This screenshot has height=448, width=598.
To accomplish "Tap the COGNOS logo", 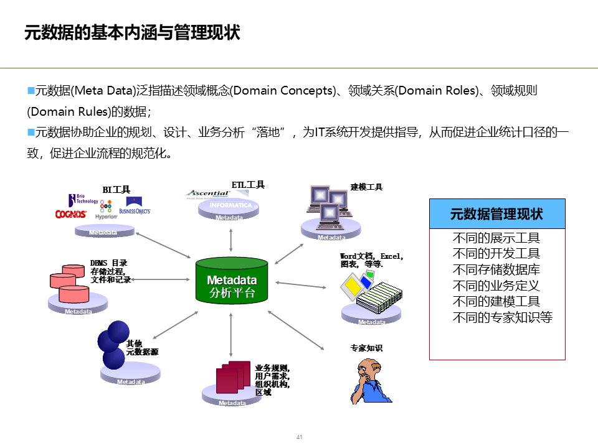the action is point(70,214).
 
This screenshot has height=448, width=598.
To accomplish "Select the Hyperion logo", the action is point(106,212).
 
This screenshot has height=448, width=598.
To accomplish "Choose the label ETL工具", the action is point(248,185).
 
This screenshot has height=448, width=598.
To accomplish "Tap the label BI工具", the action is point(116,189).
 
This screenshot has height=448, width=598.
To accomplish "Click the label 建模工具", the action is point(366,187).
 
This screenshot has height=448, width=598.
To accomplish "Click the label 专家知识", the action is point(366,348).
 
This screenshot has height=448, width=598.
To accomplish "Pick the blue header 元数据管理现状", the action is point(497,214).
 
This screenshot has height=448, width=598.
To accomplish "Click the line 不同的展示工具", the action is point(496,238).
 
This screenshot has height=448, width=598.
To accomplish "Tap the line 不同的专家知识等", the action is point(502,318).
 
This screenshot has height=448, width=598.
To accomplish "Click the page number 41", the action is point(299,437).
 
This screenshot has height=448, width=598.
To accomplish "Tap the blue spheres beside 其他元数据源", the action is point(113,345).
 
